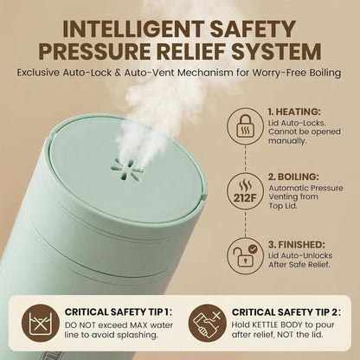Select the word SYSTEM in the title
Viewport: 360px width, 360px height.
coord(276,52)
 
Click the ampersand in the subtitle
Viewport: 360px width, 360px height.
coord(118,73)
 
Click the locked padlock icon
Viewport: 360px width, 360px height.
coord(245,126)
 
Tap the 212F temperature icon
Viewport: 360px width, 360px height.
coord(245,191)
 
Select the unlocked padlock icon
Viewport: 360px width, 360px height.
coord(245,256)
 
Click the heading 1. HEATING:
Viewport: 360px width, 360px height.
coord(294,112)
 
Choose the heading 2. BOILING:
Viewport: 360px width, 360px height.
coord(293,177)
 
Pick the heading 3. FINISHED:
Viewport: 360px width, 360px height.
coord(297,245)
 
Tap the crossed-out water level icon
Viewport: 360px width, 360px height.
coord(41,323)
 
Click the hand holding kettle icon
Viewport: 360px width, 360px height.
coord(207,323)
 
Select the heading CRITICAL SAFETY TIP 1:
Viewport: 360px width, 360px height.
coord(119,312)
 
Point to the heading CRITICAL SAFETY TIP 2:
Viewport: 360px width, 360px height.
coord(286,312)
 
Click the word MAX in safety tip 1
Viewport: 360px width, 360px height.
coord(138,325)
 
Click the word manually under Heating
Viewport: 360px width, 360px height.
coord(287,141)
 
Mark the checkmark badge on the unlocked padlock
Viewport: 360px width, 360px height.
coord(253,248)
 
